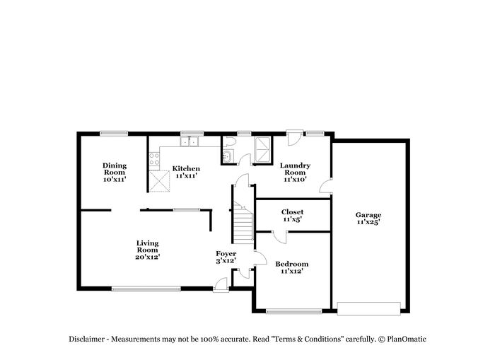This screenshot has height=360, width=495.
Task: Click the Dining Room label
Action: pos(115,169)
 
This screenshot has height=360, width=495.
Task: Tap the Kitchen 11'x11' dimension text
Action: pos(186,176)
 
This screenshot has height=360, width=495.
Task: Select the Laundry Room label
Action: pos(295,169)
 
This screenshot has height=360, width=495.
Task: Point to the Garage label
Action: pos(368,215)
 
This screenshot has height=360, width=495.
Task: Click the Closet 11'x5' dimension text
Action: pos(292,219)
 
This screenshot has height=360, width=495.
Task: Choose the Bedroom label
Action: pos(291,264)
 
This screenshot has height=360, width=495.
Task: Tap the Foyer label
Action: pos(226,254)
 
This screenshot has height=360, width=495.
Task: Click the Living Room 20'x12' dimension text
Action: pos(147,257)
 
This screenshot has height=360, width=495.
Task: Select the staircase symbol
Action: pos(243,223)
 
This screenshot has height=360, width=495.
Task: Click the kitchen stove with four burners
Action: pos(154,159)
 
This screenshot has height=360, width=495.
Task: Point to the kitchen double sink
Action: pos(189,141)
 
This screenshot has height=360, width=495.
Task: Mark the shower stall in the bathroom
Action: pos(262,150)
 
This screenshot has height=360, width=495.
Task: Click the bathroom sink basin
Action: pos(228,156)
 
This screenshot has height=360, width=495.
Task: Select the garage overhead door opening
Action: pos(368,308)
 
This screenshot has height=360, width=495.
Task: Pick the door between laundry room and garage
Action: pos(326,186)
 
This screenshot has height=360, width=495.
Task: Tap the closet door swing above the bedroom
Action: pos(279,237)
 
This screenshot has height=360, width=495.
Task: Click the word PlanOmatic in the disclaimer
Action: pos(407,339)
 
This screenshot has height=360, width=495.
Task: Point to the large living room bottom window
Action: pos(146,289)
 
